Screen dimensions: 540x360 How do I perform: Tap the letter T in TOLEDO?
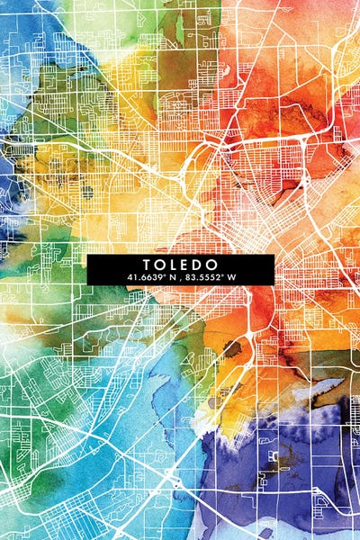coord(147,265)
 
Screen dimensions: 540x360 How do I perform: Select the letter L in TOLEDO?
coord(174,265)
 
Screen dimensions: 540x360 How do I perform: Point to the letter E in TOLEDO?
coord(186,265)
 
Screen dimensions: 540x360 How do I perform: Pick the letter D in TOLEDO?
coord(199,265)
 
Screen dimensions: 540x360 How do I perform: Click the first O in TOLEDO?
coord(160,265)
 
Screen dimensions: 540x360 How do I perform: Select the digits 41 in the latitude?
coord(131,276)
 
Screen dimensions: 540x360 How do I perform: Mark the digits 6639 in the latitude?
coord(150,276)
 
